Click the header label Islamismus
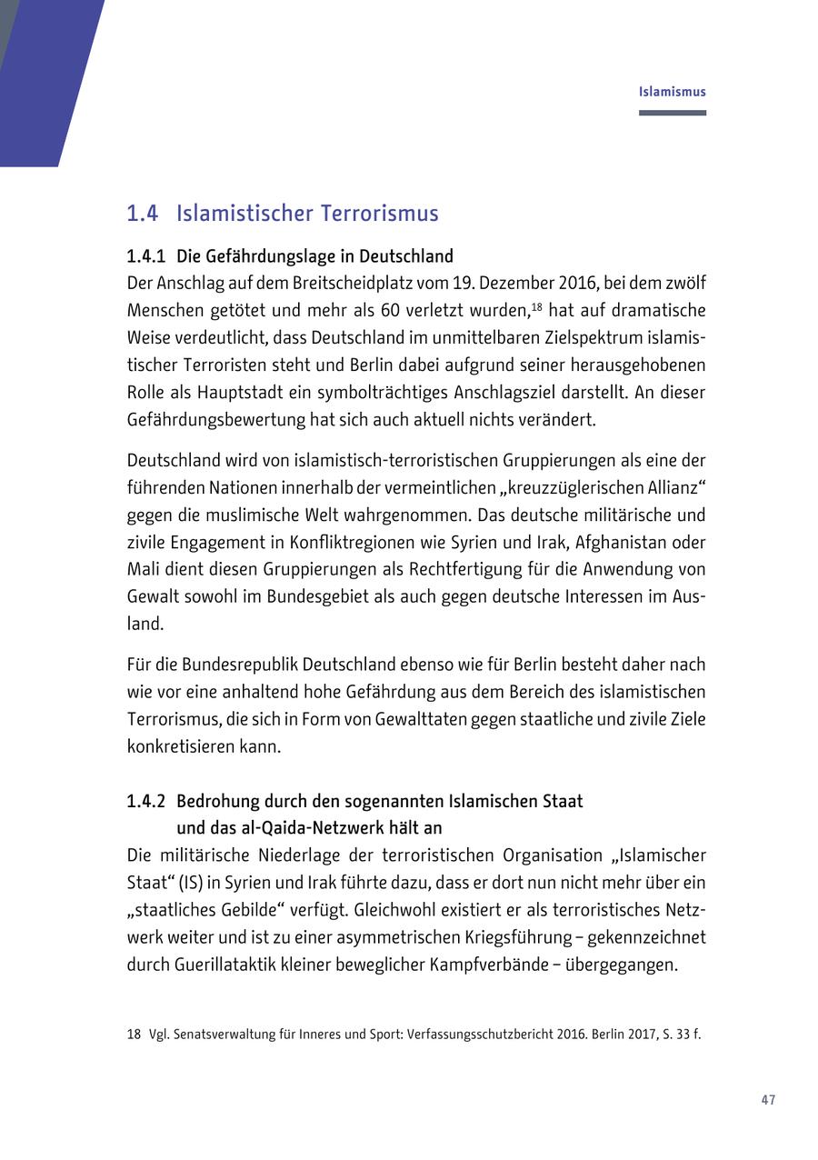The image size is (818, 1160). [x=672, y=92]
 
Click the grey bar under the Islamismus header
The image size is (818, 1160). [x=672, y=113]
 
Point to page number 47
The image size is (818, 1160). [x=768, y=1100]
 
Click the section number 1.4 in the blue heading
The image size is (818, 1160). [x=143, y=214]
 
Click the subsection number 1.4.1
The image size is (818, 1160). [x=146, y=256]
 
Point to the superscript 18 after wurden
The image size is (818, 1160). [x=537, y=307]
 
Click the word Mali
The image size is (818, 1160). [x=142, y=570]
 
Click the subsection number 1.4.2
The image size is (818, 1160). [x=146, y=802]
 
